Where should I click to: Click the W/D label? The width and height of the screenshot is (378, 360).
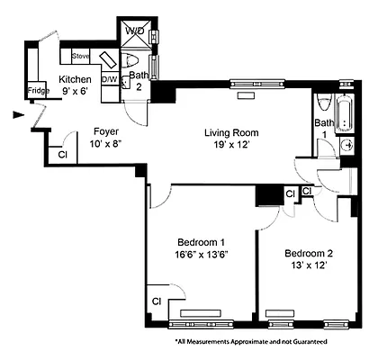[135, 31]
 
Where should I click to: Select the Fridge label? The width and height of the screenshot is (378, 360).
[37, 91]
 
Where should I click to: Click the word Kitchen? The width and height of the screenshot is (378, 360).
[76, 79]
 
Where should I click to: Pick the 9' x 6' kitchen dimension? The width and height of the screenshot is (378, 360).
[76, 92]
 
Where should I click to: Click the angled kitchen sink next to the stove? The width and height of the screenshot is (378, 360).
[106, 60]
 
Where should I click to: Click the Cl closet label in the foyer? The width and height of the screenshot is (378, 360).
[61, 154]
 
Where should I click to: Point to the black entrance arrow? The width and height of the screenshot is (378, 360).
[19, 114]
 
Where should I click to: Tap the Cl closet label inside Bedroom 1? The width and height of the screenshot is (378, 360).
[156, 301]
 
